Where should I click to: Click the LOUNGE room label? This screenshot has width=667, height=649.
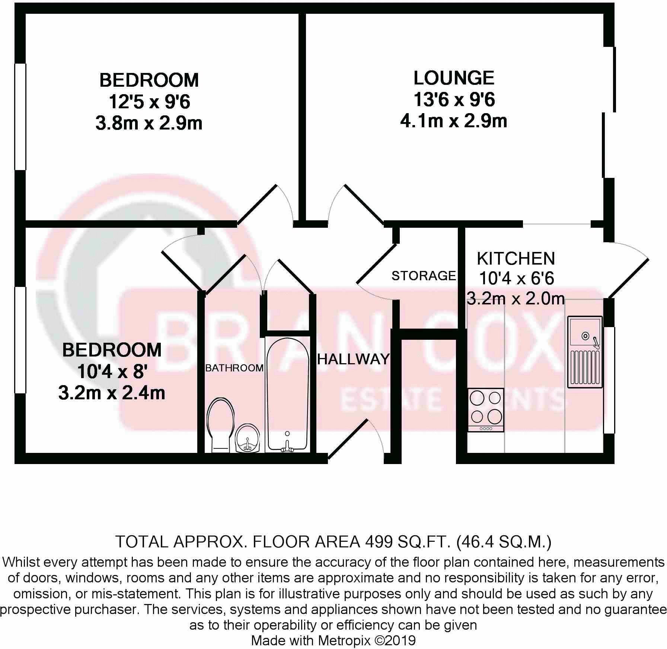454,78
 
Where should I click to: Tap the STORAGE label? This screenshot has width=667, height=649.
424,276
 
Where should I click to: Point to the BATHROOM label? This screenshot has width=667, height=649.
234,368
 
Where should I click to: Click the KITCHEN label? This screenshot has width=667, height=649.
516,258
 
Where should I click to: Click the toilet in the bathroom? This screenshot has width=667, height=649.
220,424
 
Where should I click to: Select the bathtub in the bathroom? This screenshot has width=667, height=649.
288,394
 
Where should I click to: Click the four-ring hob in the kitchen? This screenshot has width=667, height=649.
485,409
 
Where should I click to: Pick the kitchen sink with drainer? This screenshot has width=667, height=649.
585,352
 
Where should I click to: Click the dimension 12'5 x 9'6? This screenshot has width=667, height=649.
149,102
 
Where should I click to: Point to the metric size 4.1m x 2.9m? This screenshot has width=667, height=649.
454,121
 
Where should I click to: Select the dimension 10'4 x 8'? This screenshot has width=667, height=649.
112,371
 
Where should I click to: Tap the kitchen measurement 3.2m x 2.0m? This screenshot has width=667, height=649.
516,299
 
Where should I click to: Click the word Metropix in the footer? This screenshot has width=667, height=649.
344,640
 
